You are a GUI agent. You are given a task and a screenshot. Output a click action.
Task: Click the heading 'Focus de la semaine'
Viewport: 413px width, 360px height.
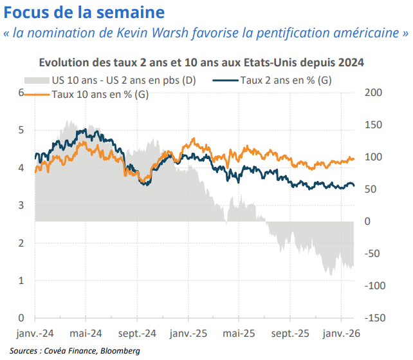84,12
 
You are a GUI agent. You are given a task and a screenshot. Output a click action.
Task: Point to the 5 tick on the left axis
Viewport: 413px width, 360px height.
21,130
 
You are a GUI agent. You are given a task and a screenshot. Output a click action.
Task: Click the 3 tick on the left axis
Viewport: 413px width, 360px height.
21,205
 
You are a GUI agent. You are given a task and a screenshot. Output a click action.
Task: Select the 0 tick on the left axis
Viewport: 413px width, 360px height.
21,318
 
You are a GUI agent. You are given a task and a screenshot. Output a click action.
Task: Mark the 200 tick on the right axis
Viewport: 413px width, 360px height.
373,93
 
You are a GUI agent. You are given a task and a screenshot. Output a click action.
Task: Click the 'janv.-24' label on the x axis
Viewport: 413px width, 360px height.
35,334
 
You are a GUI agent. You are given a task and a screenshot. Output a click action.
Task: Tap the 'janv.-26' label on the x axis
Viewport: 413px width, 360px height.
340,334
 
